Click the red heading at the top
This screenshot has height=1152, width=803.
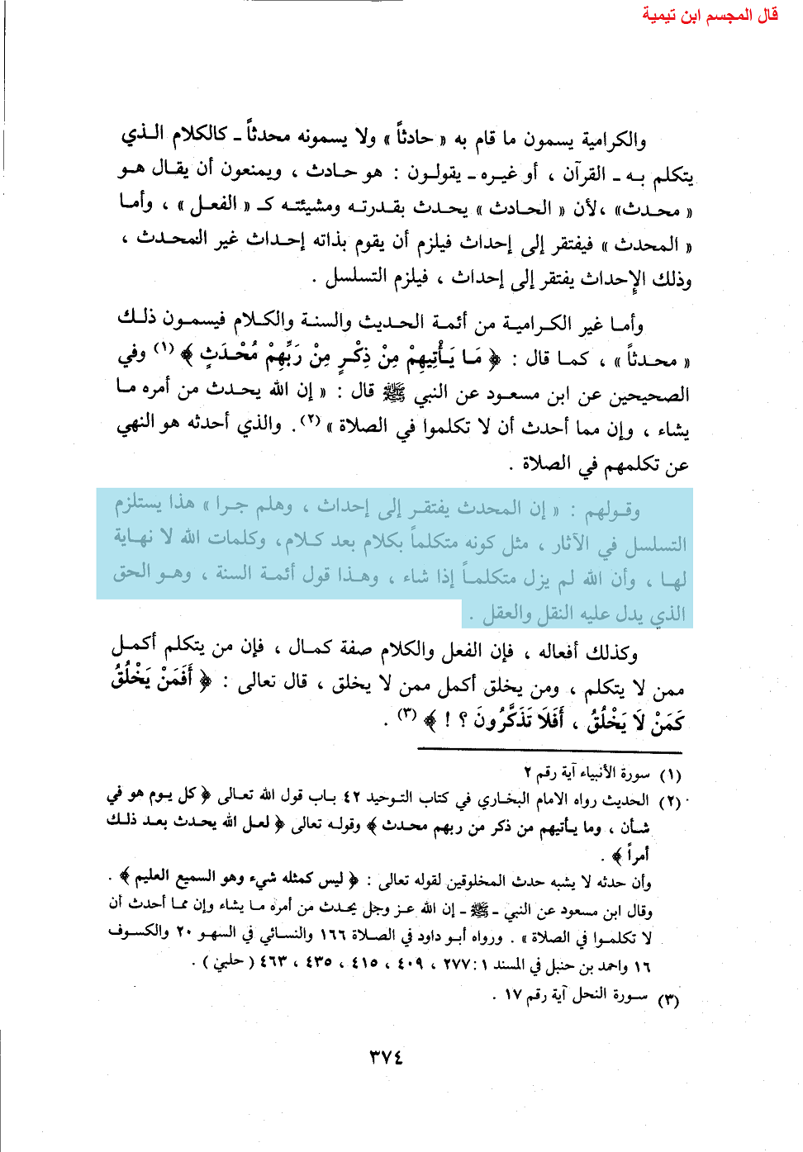tap(710, 14)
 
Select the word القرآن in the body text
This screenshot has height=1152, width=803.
tap(584, 174)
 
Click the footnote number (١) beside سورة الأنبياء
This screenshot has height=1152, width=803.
tap(669, 775)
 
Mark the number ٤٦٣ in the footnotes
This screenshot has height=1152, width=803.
tap(277, 963)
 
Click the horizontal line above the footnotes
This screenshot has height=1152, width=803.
tap(549, 751)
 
